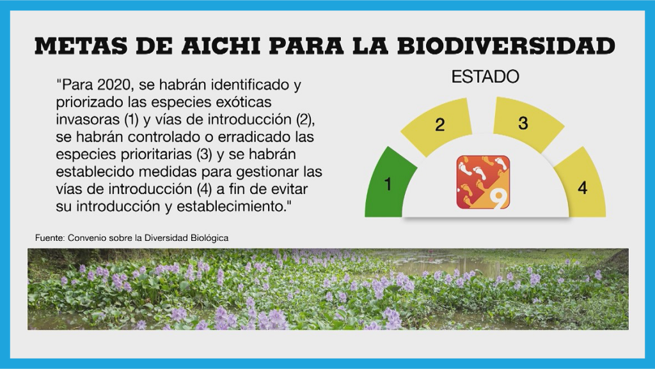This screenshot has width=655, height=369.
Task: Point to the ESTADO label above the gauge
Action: [x=485, y=77]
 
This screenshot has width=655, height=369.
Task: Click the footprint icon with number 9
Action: [x=483, y=182]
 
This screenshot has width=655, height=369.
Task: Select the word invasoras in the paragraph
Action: [x=86, y=119]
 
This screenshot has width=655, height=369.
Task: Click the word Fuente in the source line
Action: [x=49, y=238]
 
